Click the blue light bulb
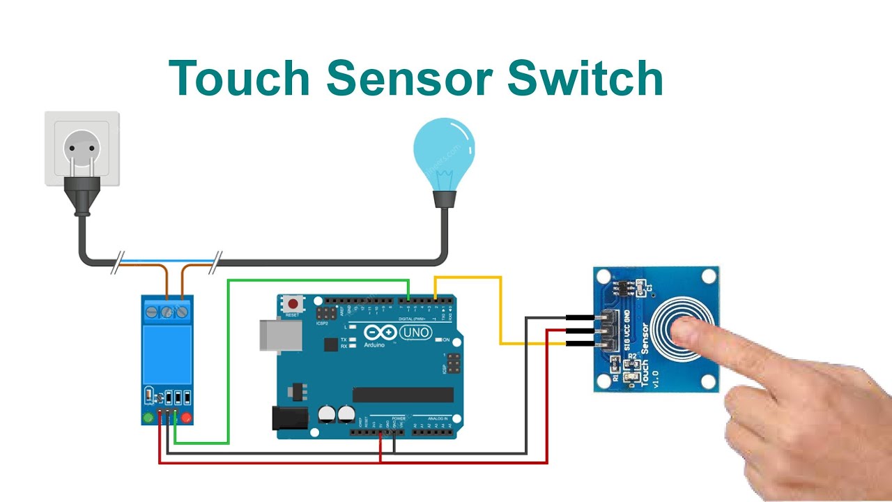point(444,150)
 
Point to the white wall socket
point(82,148)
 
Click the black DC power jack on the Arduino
point(289,418)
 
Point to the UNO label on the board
point(416,333)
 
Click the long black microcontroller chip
point(403,395)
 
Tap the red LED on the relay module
point(187,418)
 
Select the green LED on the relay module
point(148,418)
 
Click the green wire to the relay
point(229,363)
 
